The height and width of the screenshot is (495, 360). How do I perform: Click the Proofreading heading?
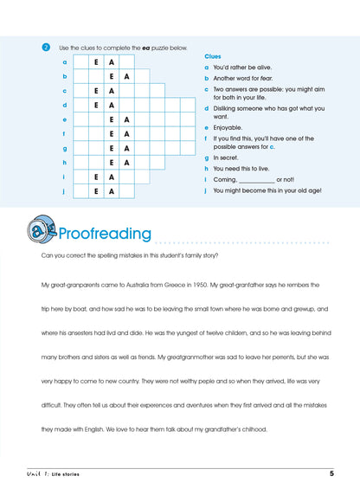pyautogui.click(x=104, y=234)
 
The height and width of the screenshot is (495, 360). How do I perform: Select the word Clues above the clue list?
pyautogui.click(x=213, y=55)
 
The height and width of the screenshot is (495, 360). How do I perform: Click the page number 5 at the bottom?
pyautogui.click(x=331, y=472)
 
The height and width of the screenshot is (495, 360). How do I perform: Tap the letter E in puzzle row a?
pyautogui.click(x=96, y=62)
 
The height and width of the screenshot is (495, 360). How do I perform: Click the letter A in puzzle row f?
pyautogui.click(x=127, y=134)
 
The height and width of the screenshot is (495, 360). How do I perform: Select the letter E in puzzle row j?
pyautogui.click(x=96, y=190)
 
